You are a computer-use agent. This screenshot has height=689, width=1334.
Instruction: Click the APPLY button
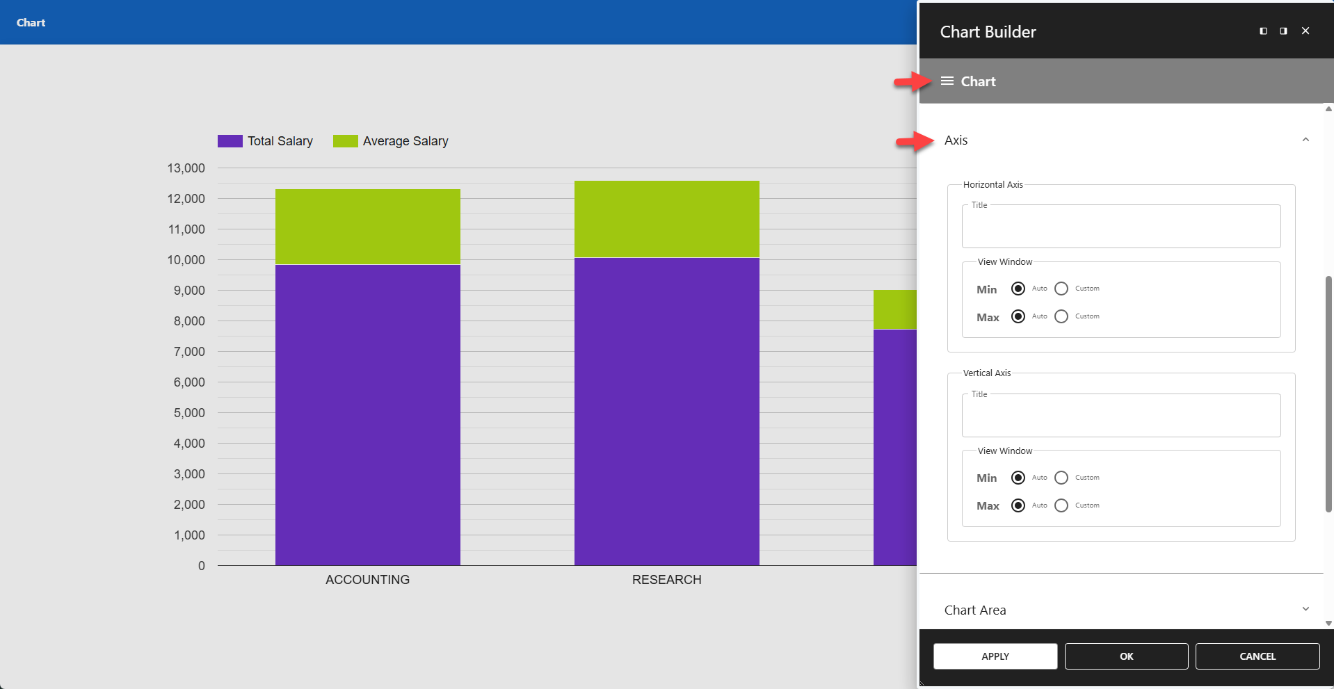click(x=995, y=656)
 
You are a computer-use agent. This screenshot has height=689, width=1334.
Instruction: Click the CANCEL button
click(x=1257, y=656)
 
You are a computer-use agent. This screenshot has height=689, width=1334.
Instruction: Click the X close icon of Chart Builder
click(x=1305, y=31)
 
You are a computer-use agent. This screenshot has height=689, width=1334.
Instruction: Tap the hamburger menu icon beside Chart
click(x=947, y=81)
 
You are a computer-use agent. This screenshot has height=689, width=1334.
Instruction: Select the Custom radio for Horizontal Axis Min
click(x=1061, y=289)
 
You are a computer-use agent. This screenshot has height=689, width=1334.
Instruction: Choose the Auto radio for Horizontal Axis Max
click(x=1018, y=316)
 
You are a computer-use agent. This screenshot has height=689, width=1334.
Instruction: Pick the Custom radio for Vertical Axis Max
click(x=1061, y=505)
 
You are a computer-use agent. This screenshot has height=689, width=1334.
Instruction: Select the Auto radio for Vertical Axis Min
click(x=1018, y=478)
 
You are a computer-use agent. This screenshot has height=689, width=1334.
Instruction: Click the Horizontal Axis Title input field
click(x=1120, y=228)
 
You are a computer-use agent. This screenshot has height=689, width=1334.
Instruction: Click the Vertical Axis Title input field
click(x=1120, y=417)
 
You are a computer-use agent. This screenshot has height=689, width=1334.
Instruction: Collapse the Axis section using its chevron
click(x=1305, y=140)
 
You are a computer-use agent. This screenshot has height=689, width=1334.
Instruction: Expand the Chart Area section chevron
click(x=1305, y=610)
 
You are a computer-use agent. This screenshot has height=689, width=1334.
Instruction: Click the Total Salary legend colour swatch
click(x=230, y=141)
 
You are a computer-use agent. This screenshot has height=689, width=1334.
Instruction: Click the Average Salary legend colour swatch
click(x=345, y=141)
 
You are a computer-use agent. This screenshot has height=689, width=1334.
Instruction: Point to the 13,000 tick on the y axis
click(x=186, y=168)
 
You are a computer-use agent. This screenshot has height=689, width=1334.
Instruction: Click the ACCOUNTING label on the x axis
click(x=367, y=580)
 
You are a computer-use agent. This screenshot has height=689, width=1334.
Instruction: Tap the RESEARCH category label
click(x=666, y=580)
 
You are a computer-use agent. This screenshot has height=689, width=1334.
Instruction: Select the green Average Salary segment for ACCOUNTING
click(x=367, y=227)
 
